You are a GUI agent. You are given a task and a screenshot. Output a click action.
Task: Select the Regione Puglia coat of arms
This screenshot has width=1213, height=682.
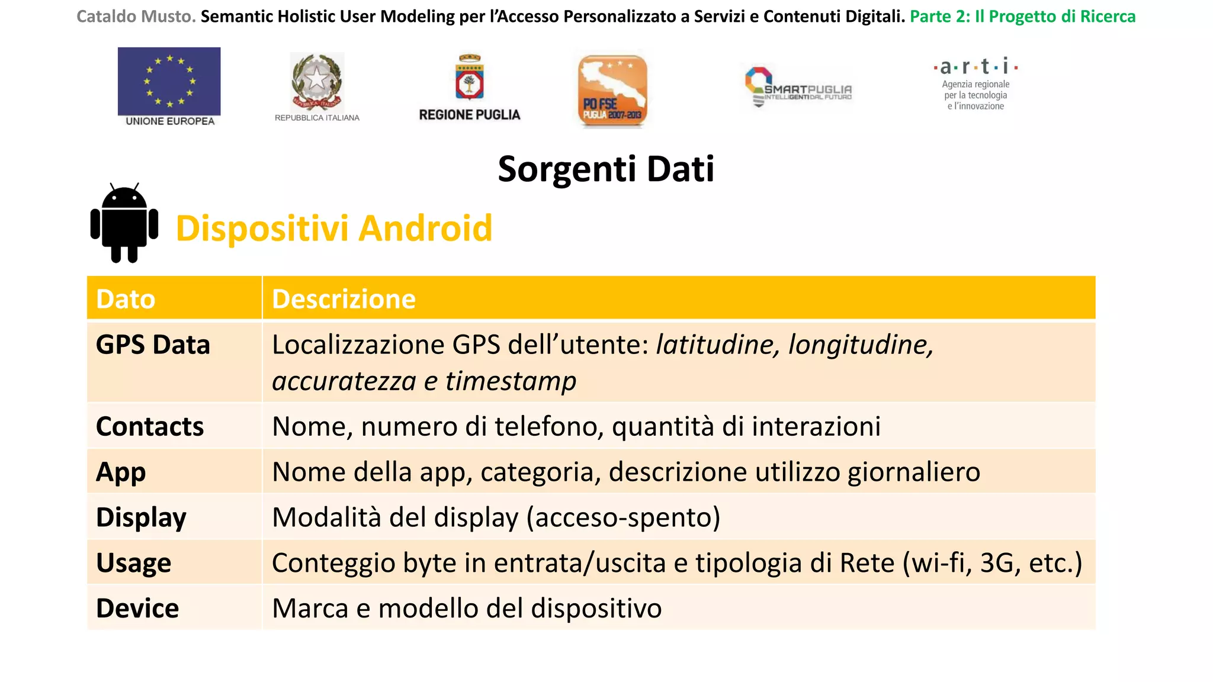point(470,78)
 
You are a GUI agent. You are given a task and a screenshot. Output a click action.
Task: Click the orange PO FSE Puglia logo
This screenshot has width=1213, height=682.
point(612,91)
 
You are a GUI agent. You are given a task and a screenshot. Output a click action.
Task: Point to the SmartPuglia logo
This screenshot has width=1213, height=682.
point(798,88)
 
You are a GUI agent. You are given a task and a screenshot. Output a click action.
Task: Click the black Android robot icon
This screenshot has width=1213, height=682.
point(124,223)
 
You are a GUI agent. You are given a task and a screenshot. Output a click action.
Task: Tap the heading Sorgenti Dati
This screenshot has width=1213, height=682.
point(606,169)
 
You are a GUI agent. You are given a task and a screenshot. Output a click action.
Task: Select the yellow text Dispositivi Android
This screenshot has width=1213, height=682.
point(334,229)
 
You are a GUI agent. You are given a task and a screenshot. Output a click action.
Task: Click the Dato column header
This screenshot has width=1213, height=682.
point(126,299)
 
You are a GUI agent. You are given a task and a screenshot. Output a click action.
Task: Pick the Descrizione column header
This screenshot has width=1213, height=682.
point(344,299)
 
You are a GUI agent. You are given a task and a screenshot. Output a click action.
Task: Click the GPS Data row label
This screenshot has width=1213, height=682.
point(153,345)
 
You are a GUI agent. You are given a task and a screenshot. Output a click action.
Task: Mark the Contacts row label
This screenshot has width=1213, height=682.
point(150,427)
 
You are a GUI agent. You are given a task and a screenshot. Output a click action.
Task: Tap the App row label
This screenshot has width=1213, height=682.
point(121,472)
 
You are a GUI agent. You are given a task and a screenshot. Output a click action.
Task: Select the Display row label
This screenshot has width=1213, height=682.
point(141,517)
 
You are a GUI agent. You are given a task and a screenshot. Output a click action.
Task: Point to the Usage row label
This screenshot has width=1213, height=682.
point(134,563)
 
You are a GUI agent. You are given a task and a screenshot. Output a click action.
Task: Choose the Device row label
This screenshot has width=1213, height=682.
point(137,609)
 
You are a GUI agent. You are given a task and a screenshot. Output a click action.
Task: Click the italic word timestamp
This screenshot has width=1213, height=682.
point(511,381)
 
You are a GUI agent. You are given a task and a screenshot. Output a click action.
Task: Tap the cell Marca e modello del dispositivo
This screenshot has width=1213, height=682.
point(467,609)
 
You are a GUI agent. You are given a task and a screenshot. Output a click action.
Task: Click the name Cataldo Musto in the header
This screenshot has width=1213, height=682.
point(136,17)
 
